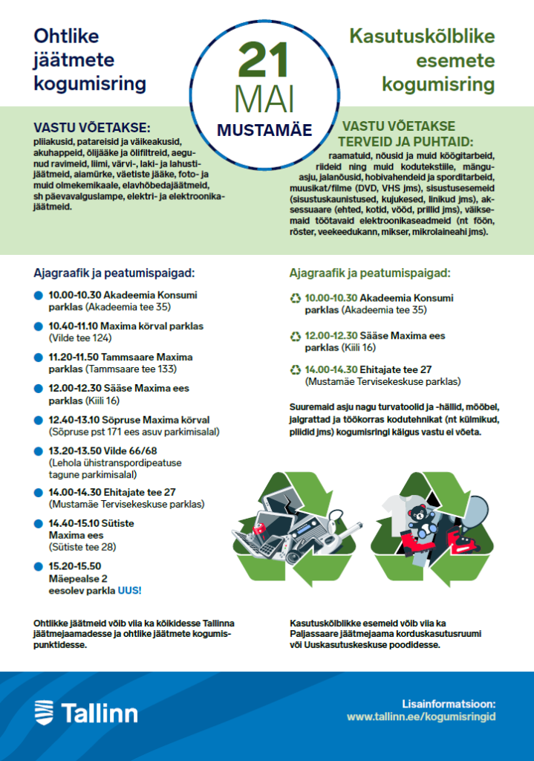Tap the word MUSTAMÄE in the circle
pyautogui.click(x=264, y=129)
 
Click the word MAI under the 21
pyautogui.click(x=266, y=100)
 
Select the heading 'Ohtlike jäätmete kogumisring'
pyautogui.click(x=89, y=59)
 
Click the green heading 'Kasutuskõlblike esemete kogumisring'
pyautogui.click(x=422, y=60)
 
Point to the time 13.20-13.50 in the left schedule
pyautogui.click(x=74, y=451)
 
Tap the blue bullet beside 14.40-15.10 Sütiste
pyautogui.click(x=39, y=524)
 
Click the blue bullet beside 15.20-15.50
pyautogui.click(x=39, y=566)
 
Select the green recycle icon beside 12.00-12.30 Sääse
pyautogui.click(x=296, y=337)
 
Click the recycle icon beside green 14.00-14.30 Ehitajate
pyautogui.click(x=296, y=369)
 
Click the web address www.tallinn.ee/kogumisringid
pyautogui.click(x=421, y=717)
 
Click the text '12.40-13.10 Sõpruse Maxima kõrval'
pyautogui.click(x=129, y=420)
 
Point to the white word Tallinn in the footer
pyautogui.click(x=99, y=713)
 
